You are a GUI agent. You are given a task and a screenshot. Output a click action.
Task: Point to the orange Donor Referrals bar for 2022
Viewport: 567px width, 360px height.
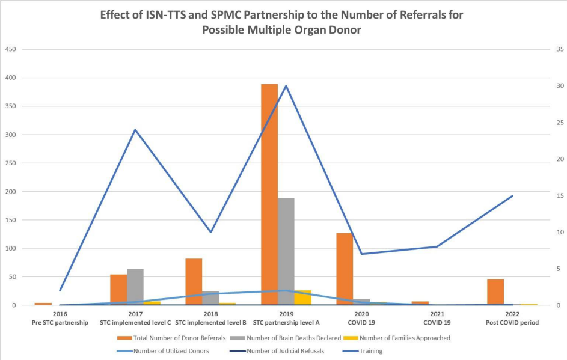495,292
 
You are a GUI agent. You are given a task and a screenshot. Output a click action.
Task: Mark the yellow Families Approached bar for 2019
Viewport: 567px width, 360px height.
303,297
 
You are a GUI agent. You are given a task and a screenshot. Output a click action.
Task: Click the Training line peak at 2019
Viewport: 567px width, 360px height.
286,85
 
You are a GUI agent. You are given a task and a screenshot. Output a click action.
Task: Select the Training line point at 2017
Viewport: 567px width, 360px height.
135,130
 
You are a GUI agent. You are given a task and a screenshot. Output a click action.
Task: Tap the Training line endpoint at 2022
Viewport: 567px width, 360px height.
513,195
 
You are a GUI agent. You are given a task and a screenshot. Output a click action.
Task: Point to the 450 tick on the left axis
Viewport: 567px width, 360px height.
10,49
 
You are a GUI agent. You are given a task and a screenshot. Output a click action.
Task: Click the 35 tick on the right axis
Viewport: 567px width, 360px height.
559,49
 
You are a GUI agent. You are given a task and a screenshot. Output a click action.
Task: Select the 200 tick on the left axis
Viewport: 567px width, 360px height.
10,192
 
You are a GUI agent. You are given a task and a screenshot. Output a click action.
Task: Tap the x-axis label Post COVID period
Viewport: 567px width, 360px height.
512,322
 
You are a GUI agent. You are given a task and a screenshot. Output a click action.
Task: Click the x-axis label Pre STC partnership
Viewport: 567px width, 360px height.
60,322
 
